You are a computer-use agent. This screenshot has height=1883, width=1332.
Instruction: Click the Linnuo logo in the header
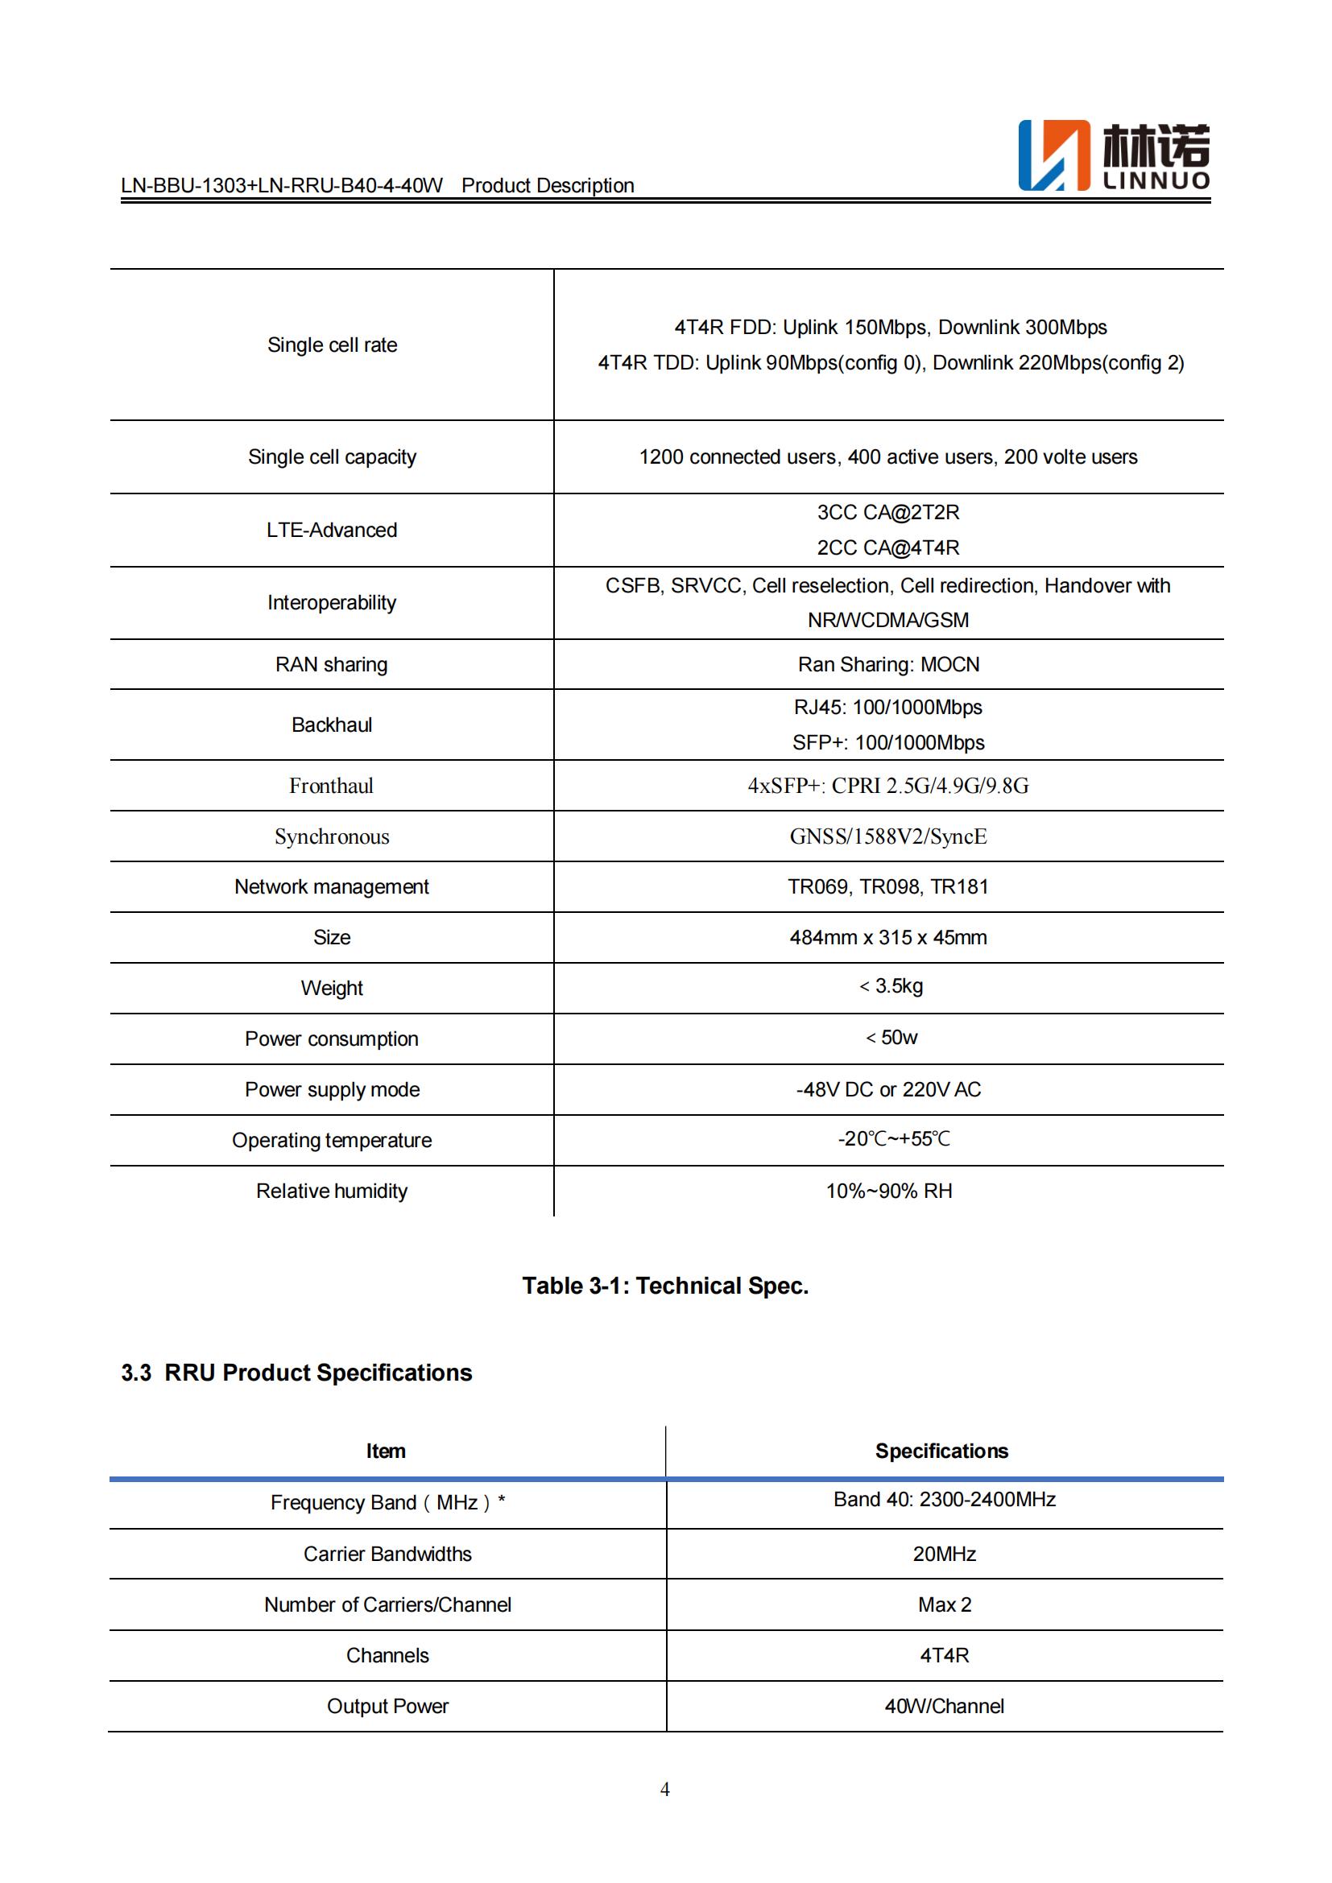tap(1113, 156)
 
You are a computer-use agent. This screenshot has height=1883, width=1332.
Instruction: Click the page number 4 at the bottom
tap(665, 1789)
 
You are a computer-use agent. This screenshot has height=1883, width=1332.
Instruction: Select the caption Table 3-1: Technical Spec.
tap(665, 1285)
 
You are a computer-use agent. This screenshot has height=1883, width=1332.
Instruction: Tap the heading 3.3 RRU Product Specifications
tap(297, 1373)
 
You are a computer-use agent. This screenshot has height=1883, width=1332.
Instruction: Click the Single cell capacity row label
tap(332, 456)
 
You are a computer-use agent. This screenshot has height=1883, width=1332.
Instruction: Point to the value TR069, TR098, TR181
tap(888, 886)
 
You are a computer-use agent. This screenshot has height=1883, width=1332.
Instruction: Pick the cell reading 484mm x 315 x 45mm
tap(888, 937)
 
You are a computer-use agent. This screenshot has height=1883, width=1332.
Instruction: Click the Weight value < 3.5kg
tap(891, 986)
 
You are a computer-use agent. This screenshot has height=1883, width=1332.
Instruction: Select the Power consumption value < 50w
tap(891, 1038)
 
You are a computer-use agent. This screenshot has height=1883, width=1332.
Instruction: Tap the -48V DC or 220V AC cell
tap(888, 1089)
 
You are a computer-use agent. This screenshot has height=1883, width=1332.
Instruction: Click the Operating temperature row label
tap(332, 1140)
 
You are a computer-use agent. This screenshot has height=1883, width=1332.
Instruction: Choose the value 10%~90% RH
tap(889, 1191)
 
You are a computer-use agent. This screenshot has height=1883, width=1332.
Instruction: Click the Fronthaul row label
tap(331, 786)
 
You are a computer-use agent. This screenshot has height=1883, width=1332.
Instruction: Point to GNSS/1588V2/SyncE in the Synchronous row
tap(888, 836)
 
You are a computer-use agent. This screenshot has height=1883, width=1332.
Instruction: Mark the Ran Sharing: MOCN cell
tap(889, 664)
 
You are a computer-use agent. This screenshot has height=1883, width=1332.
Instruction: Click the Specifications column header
tap(941, 1451)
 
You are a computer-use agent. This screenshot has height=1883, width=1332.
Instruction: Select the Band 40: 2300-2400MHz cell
tap(944, 1499)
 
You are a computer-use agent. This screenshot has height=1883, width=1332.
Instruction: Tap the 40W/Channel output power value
tap(944, 1706)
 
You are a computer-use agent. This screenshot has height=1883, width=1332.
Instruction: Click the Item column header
tap(386, 1451)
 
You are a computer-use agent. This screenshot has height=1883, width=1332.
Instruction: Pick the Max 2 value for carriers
tap(944, 1604)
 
